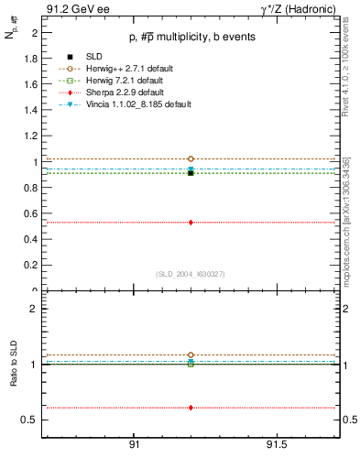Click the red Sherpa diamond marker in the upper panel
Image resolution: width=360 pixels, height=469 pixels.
(191, 222)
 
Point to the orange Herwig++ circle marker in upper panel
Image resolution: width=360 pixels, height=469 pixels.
(191, 158)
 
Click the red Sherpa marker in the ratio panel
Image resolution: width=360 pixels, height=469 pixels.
(191, 408)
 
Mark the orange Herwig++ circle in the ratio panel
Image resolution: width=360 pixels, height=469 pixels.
(191, 354)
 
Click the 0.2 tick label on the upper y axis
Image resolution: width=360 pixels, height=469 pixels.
(32, 266)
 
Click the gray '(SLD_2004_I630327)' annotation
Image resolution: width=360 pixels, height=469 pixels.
(191, 273)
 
